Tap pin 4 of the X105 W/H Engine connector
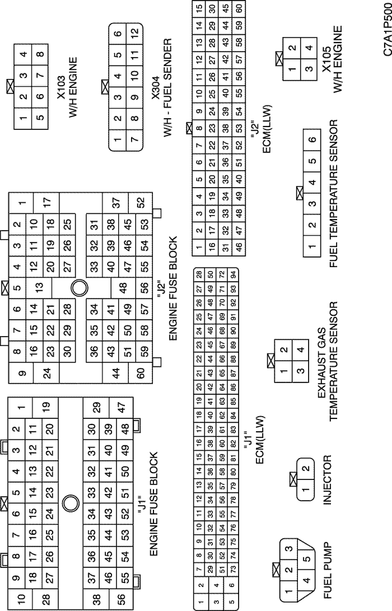[x=309, y=48]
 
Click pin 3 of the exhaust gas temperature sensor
[x=300, y=370]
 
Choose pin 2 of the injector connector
[x=306, y=468]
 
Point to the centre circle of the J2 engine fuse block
[x=80, y=288]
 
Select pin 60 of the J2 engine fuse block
[x=141, y=374]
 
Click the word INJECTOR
[x=328, y=480]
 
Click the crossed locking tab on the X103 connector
[x=11, y=86]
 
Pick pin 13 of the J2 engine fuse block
[x=39, y=288]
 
